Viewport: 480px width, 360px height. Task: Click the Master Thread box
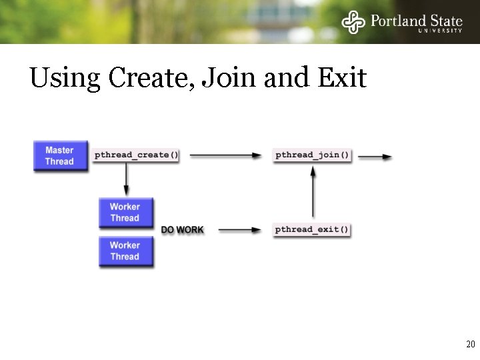pos(60,156)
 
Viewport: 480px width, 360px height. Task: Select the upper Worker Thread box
pos(125,213)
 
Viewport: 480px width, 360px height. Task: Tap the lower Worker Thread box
pos(125,251)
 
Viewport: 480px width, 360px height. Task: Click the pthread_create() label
pos(137,155)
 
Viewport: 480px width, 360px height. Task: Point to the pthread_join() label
pos(312,155)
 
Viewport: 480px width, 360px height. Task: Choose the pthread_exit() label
pos(312,230)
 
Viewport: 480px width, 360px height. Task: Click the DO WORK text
pos(182,230)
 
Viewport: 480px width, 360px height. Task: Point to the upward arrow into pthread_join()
pos(312,193)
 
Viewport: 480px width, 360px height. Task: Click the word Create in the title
pos(151,79)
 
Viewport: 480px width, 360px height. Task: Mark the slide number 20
pos(470,345)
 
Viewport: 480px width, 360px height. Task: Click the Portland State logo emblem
pos(353,22)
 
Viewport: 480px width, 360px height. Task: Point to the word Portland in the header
pos(399,19)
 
